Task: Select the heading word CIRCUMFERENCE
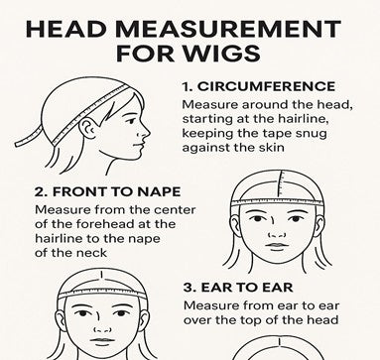[x=266, y=86]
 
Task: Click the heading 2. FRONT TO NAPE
[x=108, y=191]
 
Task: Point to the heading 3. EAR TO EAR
[x=238, y=288]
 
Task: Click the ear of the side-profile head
[x=88, y=129]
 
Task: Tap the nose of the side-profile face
[x=145, y=132]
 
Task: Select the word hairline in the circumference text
[x=304, y=119]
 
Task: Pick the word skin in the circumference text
[x=271, y=147]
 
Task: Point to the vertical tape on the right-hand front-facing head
[x=282, y=185]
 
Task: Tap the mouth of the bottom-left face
[x=102, y=340]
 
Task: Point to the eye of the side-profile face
[x=131, y=121]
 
